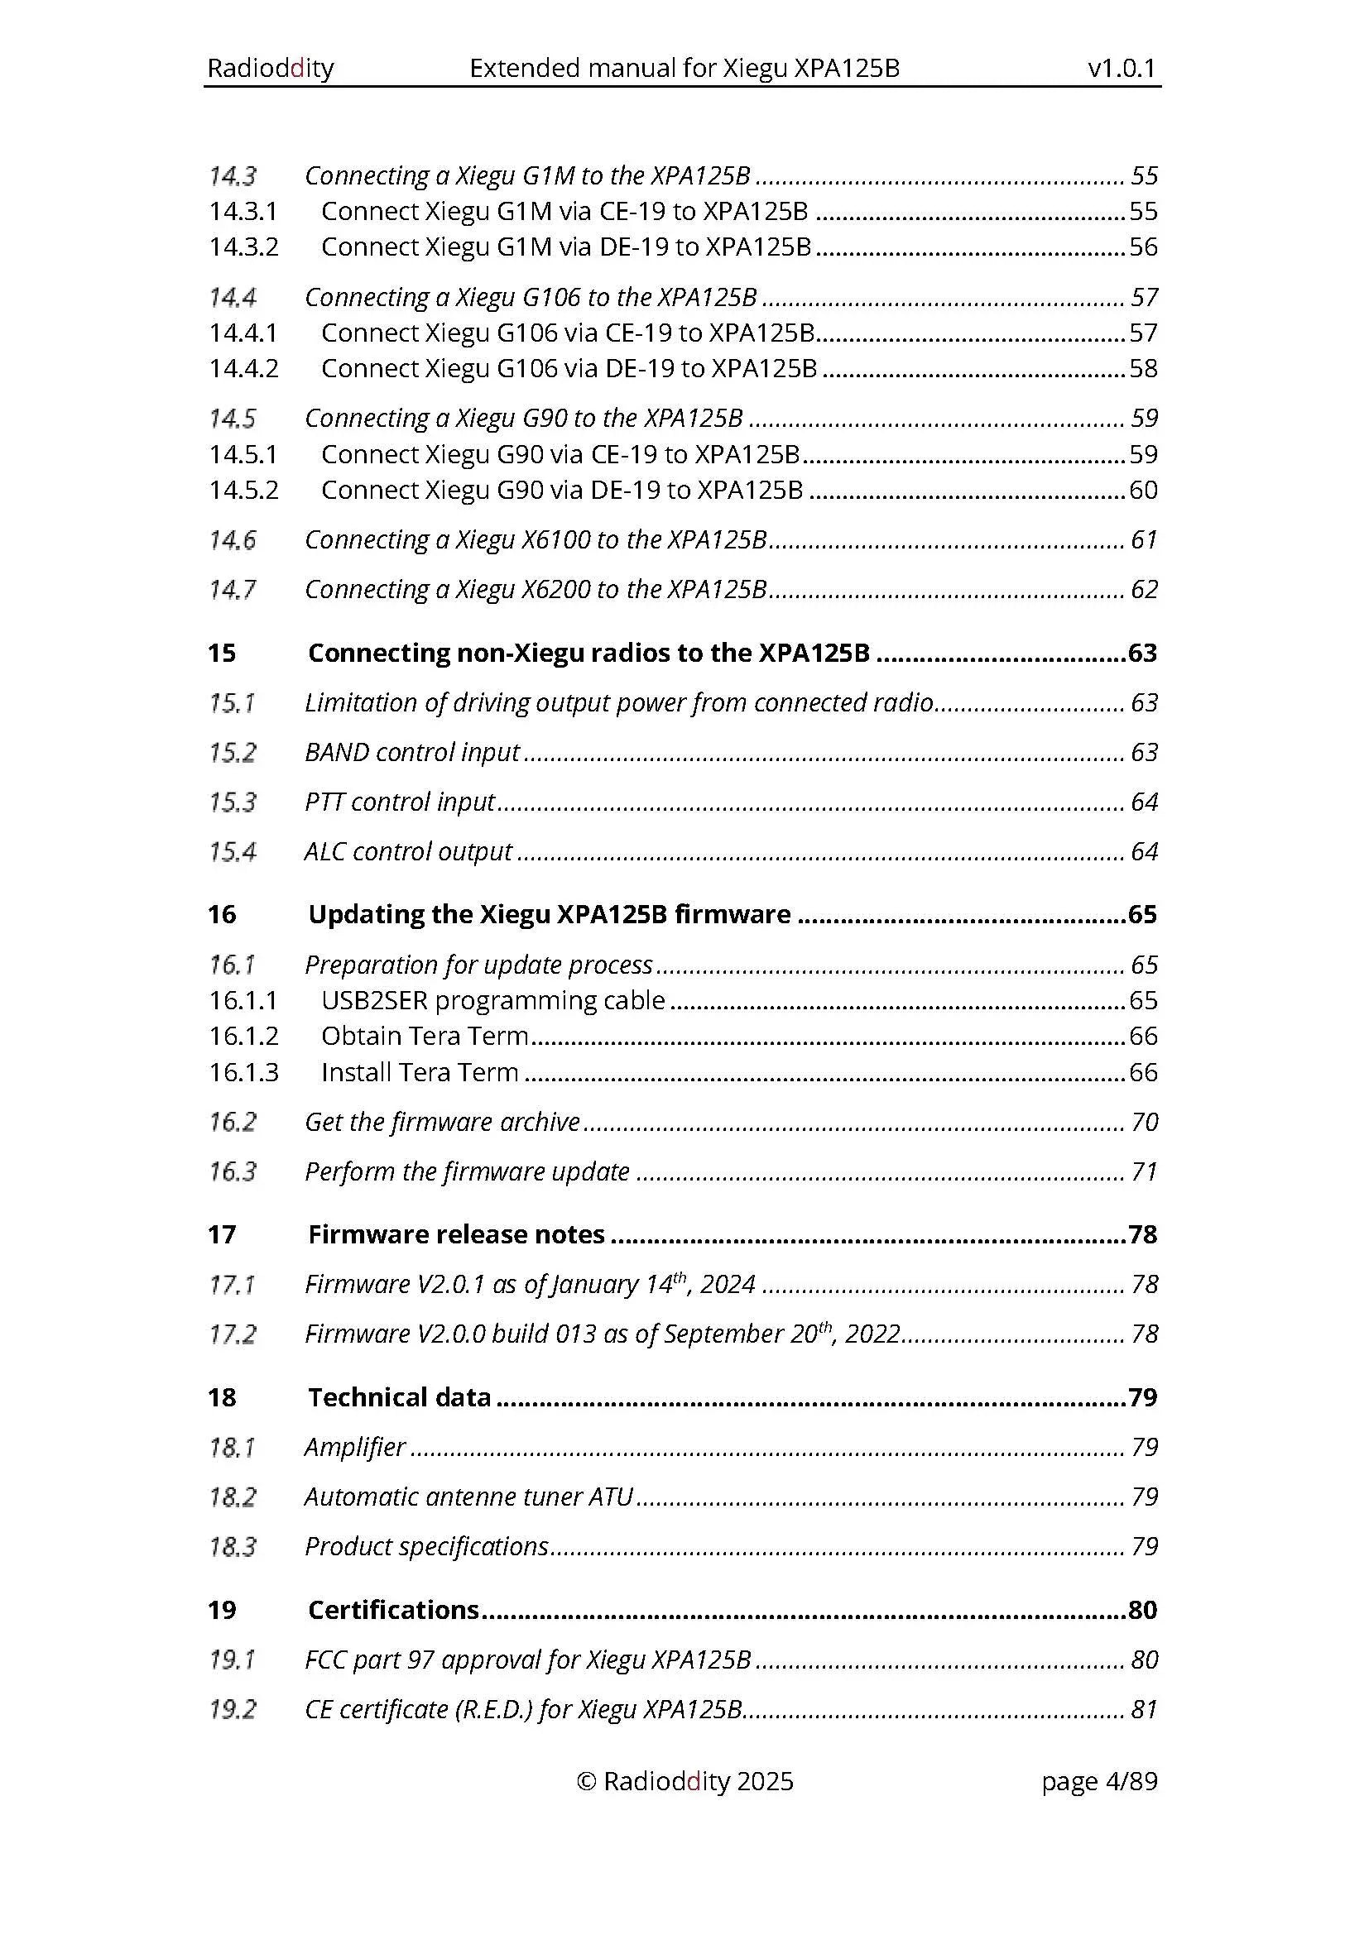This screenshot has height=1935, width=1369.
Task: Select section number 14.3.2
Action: tap(243, 247)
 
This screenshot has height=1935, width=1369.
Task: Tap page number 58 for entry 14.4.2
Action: tap(1142, 368)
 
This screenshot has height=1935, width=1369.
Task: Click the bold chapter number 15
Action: tap(222, 654)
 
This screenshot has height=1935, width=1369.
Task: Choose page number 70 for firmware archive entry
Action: tap(1143, 1122)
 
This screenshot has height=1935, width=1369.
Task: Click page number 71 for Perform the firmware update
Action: tap(1143, 1171)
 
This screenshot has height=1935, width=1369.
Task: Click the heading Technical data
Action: tap(399, 1397)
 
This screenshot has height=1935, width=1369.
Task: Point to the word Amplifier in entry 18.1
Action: tap(355, 1447)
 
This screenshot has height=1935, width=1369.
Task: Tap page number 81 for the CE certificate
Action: tap(1143, 1709)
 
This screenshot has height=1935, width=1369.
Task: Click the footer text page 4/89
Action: tap(1098, 1781)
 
